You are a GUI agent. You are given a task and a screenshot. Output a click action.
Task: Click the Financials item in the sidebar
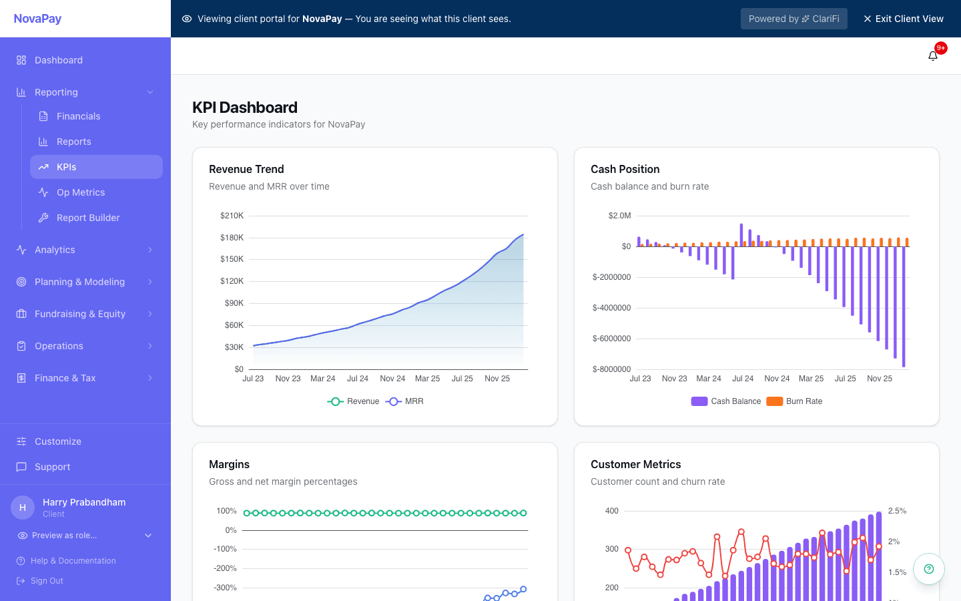[78, 116]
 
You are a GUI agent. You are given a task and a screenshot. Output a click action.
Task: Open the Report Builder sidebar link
[88, 218]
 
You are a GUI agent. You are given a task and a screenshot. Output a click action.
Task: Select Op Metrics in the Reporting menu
[81, 192]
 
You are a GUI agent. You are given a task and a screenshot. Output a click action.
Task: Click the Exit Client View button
[903, 19]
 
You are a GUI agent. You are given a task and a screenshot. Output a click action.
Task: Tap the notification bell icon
[933, 56]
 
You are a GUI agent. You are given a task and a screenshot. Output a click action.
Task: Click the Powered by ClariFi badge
[793, 19]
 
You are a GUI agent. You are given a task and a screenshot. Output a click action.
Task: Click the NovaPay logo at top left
[38, 19]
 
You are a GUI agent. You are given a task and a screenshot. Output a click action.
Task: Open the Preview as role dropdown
[85, 536]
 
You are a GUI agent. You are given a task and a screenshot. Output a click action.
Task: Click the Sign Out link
[47, 581]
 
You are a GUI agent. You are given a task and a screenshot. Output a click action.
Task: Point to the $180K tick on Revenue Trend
[232, 238]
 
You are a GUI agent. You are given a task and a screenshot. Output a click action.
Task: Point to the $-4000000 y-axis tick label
[611, 308]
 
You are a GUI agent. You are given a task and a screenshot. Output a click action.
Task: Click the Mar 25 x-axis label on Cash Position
[811, 379]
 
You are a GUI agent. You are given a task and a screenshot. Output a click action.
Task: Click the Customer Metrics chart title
[635, 464]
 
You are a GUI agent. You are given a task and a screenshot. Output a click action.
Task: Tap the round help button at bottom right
[928, 569]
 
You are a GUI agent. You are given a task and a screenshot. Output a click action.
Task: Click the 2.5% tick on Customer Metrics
[897, 511]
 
